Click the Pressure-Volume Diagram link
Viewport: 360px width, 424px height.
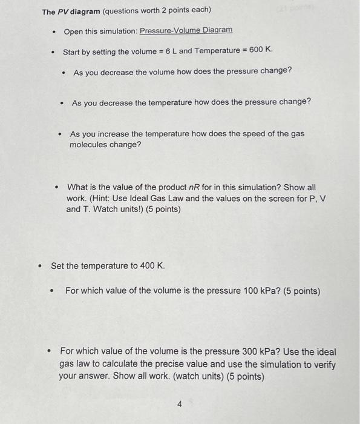tap(186, 30)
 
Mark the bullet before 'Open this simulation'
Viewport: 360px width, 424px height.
tap(54, 30)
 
